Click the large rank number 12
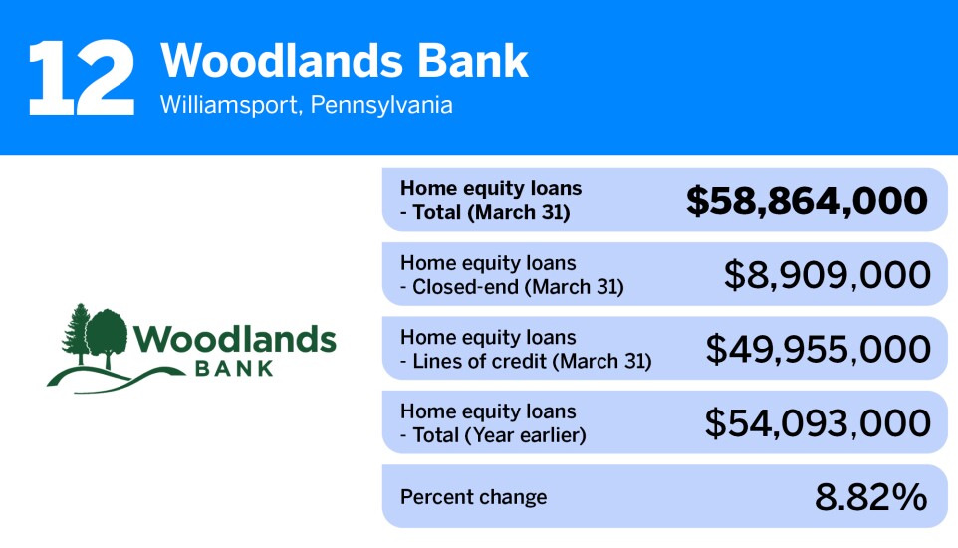pos(81,80)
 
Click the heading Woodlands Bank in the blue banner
pos(344,62)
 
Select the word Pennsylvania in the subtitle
pos(381,105)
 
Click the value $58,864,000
pos(807,200)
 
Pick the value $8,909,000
pos(827,275)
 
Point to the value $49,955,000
pos(818,349)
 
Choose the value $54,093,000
pos(818,423)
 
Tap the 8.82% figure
pos(871,497)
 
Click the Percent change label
pos(473,497)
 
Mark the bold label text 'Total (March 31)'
pos(490,212)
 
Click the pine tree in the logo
pos(77,332)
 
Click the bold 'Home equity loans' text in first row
pos(491,188)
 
